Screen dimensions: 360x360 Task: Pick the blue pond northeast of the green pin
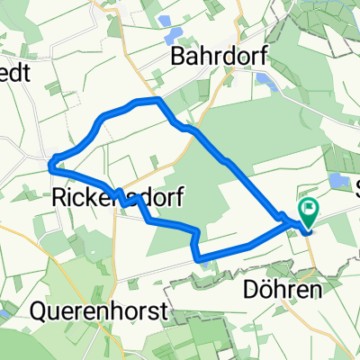(x=337, y=181)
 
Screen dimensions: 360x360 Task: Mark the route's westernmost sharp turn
(x=51, y=163)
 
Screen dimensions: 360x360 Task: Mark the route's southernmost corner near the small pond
(x=200, y=258)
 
